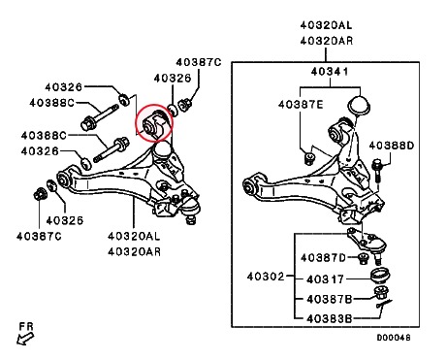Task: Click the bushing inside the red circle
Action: point(154,124)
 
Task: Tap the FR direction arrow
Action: point(25,339)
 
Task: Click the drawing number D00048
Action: point(394,338)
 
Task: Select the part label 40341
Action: point(330,72)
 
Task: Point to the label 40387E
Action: point(301,105)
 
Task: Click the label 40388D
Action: point(392,146)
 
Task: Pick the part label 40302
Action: point(266,277)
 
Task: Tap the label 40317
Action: point(325,279)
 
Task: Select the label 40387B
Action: point(330,299)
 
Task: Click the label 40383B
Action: point(330,319)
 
